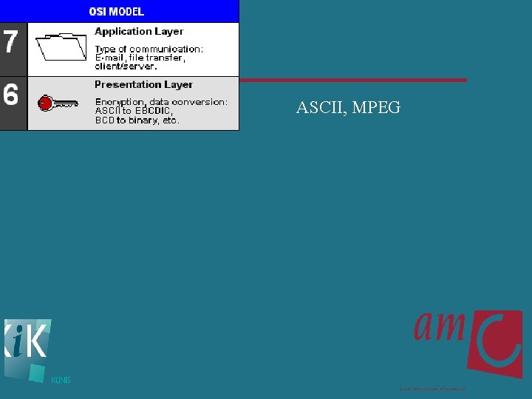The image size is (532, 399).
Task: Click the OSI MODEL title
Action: pos(117,11)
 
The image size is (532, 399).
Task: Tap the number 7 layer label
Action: pos(11,41)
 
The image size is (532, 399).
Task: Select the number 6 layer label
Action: pos(11,95)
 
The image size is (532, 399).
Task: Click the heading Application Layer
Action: pos(139,31)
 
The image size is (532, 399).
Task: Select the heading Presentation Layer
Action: pos(143,84)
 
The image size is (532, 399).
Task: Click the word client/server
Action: pos(126,66)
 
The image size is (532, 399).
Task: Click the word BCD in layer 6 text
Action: pos(104,120)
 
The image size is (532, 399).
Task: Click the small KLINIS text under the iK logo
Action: pos(61,381)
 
